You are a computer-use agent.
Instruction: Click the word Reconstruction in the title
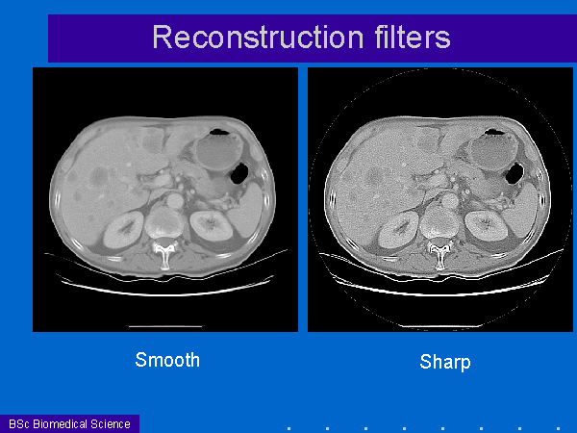tap(258, 38)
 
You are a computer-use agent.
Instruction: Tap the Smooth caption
tap(167, 360)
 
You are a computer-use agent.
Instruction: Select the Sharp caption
tap(445, 362)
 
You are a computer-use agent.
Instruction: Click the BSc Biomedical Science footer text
tap(69, 423)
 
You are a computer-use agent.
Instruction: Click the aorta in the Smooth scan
tap(174, 201)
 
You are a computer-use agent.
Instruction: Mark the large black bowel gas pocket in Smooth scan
tap(239, 174)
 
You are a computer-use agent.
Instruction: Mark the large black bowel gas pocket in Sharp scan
tap(514, 174)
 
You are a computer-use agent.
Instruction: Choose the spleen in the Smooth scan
tap(247, 211)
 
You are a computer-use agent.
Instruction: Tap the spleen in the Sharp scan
tap(522, 211)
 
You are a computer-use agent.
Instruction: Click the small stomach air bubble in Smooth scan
tap(218, 132)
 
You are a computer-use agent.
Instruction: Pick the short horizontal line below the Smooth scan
tap(164, 326)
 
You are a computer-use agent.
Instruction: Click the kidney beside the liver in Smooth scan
tap(123, 230)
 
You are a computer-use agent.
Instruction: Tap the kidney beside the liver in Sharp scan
tap(398, 230)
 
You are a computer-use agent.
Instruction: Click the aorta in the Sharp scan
tap(449, 201)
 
